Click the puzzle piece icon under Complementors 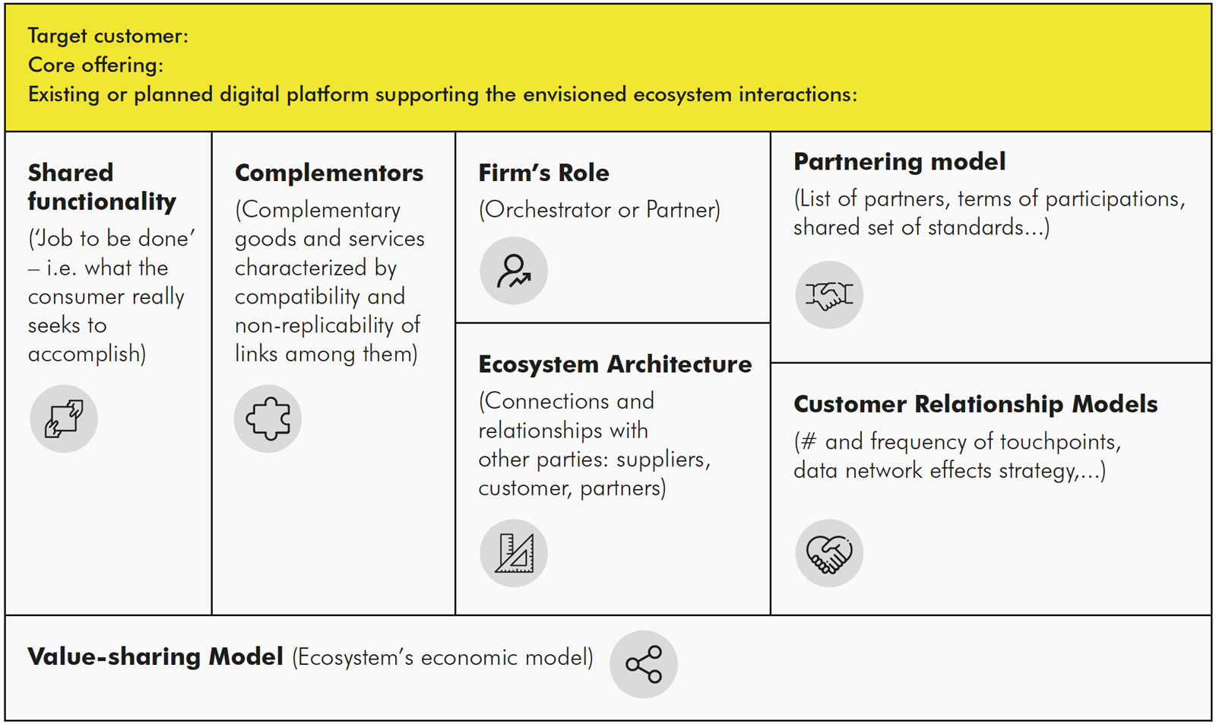tap(268, 418)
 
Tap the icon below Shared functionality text tap(64, 418)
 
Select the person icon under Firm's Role tap(514, 271)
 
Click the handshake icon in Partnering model tap(829, 295)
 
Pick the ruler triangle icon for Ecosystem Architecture tap(514, 553)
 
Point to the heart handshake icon tap(829, 553)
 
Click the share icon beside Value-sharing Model tap(644, 664)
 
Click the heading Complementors tap(329, 173)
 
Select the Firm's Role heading tap(543, 173)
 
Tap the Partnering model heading tap(899, 162)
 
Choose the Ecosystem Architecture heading tap(615, 364)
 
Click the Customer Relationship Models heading tap(975, 404)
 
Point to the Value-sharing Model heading tap(155, 657)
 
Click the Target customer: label tap(108, 36)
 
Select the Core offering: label tap(96, 65)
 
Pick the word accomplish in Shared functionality tap(84, 355)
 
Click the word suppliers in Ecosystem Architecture tap(661, 459)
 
